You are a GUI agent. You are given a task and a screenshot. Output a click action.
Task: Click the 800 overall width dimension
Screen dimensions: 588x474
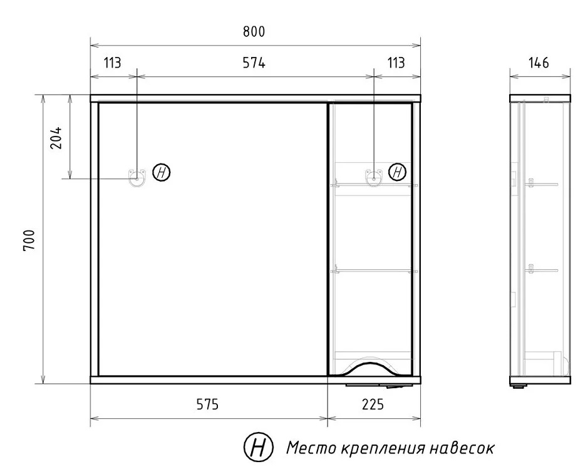coord(254,32)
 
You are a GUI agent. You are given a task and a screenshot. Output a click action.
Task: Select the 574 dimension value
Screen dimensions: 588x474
coord(254,63)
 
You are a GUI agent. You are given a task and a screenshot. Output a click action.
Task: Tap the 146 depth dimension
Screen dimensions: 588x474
coord(539,63)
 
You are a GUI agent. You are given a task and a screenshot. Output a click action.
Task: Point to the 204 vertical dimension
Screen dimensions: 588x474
coord(56,138)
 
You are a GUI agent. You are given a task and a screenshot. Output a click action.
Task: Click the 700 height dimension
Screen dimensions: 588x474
coord(29,240)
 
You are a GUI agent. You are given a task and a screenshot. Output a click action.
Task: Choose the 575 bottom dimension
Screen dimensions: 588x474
coord(207,404)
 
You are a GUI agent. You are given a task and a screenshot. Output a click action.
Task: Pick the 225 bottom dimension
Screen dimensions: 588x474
coord(373,404)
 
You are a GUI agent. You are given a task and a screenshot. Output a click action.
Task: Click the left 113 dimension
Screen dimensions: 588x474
coord(113,63)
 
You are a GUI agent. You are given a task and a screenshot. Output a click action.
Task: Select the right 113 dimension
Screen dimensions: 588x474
coord(396,63)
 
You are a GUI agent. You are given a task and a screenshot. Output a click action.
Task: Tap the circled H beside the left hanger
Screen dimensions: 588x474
coord(162,173)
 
